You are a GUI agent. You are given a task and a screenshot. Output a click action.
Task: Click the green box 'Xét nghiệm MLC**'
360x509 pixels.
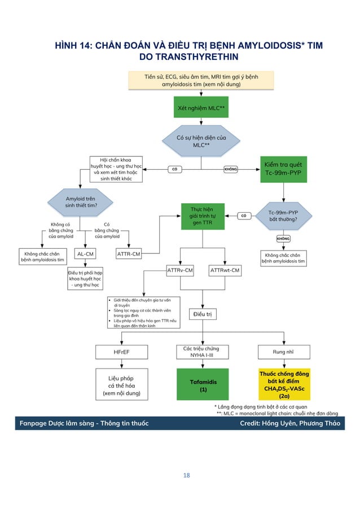193,107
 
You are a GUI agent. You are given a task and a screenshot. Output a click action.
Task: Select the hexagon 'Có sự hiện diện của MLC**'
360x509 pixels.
193,141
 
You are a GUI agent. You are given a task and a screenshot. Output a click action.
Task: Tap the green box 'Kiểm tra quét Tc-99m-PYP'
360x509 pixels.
283,168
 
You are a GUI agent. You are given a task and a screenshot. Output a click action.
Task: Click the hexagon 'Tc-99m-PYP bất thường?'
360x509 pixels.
283,215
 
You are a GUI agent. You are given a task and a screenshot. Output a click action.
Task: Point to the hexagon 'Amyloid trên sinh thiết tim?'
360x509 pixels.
81,202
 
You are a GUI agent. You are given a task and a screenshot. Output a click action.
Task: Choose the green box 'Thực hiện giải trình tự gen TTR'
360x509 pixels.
202,216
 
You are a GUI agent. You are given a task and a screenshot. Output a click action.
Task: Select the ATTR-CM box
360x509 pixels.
129,254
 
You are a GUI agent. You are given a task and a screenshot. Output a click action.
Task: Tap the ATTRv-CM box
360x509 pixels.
181,271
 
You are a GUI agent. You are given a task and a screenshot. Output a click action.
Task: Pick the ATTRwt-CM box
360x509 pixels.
225,271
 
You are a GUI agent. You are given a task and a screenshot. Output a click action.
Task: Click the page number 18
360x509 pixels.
187,475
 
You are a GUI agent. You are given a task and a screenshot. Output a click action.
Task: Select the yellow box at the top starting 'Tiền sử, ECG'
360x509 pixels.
193,80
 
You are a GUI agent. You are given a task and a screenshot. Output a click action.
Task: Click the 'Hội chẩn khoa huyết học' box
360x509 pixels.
116,169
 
